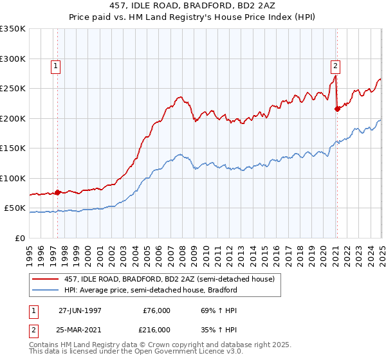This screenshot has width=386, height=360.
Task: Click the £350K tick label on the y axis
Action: (13, 29)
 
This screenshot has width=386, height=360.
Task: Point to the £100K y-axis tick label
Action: (13, 178)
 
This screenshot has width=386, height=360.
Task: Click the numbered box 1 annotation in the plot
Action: (56, 65)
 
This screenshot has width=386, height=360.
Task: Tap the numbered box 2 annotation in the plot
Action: (336, 65)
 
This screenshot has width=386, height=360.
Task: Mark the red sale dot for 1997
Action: (58, 192)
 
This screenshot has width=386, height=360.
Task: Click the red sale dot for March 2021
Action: (337, 109)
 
